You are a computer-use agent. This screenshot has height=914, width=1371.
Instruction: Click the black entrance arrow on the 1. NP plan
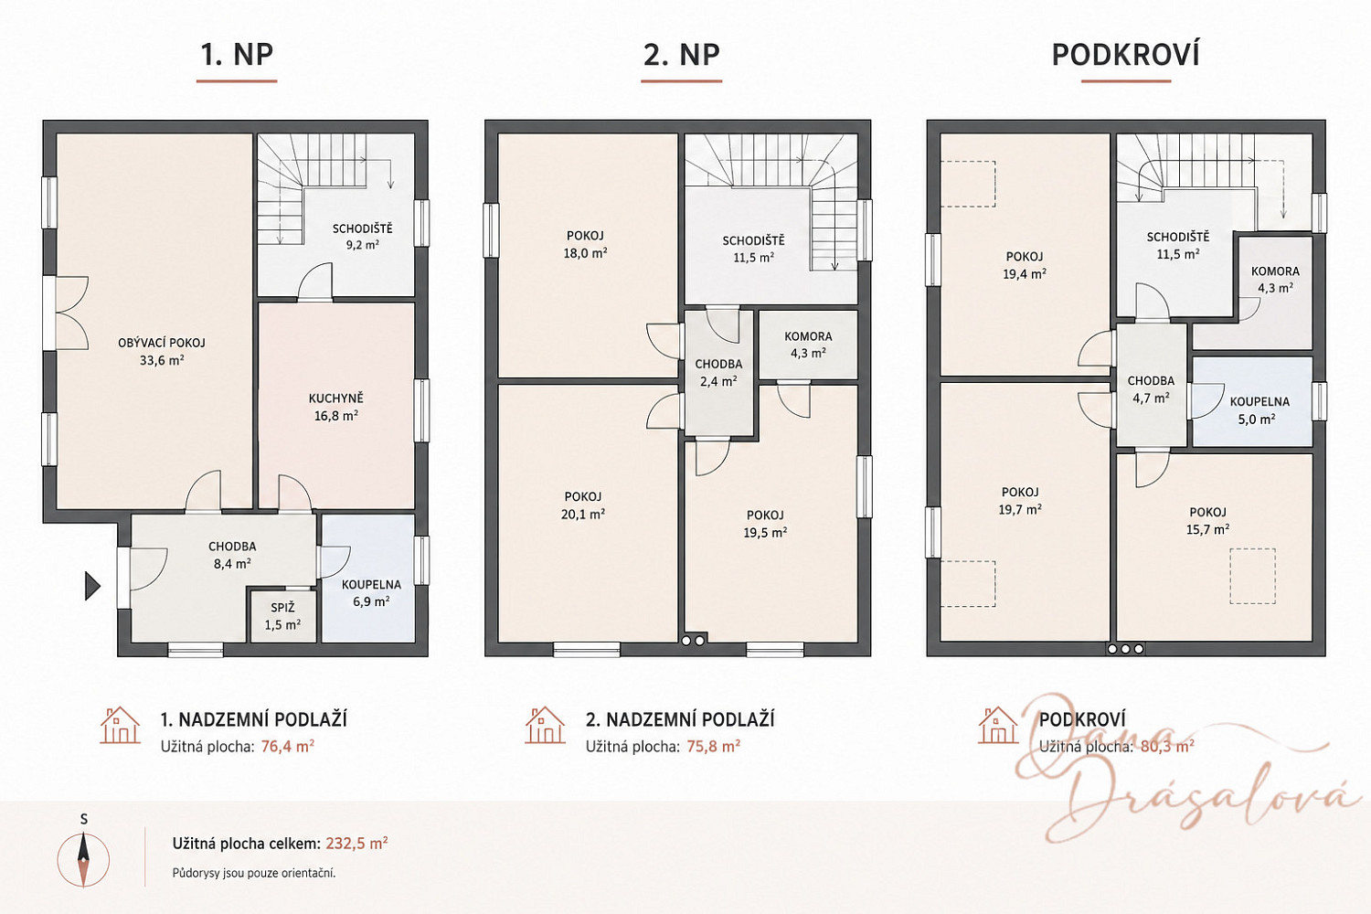click(92, 586)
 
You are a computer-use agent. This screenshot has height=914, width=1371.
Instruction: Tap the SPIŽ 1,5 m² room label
click(282, 616)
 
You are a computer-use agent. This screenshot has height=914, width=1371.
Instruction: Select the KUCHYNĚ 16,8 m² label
click(336, 407)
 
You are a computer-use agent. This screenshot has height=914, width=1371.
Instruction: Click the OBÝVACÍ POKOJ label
click(162, 343)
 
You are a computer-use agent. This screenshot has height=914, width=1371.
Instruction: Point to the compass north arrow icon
click(83, 859)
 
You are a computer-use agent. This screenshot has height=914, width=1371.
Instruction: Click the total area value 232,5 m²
click(356, 844)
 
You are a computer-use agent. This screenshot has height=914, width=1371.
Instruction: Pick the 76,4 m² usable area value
click(288, 746)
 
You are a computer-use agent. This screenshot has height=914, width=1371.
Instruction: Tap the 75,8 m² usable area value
click(714, 746)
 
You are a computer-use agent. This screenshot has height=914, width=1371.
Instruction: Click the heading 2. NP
click(681, 55)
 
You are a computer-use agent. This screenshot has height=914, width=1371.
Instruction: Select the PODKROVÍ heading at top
click(1126, 55)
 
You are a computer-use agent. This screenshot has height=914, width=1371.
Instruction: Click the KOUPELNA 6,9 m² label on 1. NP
click(371, 592)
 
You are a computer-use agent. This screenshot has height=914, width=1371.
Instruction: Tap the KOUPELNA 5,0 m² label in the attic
click(1259, 410)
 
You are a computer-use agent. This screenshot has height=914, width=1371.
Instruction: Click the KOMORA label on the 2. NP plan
click(808, 336)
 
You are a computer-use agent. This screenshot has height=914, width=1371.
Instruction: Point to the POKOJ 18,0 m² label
click(585, 244)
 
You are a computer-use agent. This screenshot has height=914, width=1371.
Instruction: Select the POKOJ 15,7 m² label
click(1207, 520)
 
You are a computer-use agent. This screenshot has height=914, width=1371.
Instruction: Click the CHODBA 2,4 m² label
click(718, 372)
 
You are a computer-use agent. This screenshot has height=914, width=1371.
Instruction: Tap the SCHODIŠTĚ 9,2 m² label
click(362, 237)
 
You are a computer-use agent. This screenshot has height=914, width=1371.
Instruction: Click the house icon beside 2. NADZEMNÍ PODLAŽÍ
click(545, 726)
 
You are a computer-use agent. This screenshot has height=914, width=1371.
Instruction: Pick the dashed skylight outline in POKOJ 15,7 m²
click(1253, 576)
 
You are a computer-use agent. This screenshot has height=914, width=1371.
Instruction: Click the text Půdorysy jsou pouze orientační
click(254, 873)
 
